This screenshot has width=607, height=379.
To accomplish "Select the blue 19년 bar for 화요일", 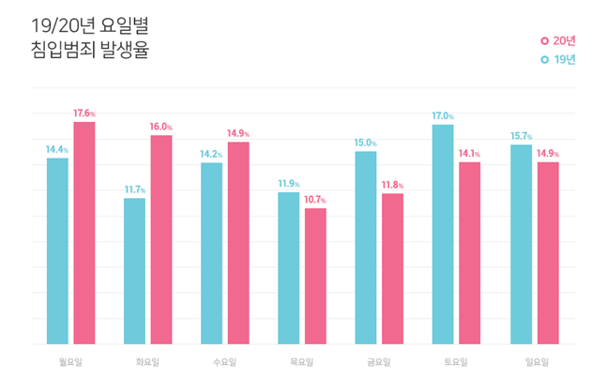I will pyautogui.click(x=134, y=271).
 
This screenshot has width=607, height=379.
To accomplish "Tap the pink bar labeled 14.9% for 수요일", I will pyautogui.click(x=238, y=243).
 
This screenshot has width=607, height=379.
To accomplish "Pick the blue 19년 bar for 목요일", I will pyautogui.click(x=289, y=268).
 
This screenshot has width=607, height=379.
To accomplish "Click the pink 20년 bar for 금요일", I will pyautogui.click(x=392, y=268).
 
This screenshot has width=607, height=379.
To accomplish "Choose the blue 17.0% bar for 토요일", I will pyautogui.click(x=443, y=235).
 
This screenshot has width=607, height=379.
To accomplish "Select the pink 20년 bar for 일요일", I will pyautogui.click(x=547, y=253).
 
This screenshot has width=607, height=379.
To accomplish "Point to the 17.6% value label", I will pyautogui.click(x=84, y=114).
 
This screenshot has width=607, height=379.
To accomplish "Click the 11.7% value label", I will pyautogui.click(x=135, y=190).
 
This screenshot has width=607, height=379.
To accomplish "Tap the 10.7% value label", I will pyautogui.click(x=315, y=201).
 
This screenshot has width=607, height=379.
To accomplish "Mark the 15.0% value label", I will pyautogui.click(x=367, y=144).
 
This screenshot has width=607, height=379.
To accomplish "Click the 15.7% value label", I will pyautogui.click(x=521, y=137).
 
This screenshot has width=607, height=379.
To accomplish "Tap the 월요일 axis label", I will pyautogui.click(x=71, y=360).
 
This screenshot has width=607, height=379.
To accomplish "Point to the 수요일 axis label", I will pyautogui.click(x=225, y=360).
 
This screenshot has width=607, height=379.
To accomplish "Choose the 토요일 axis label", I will pyautogui.click(x=456, y=360).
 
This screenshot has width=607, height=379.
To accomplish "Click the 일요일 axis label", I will pyautogui.click(x=534, y=360).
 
